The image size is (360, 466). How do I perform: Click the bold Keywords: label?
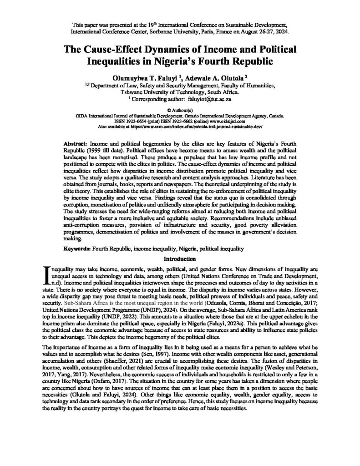pos(77,249)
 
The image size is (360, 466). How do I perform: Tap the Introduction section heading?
pos(180,258)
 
